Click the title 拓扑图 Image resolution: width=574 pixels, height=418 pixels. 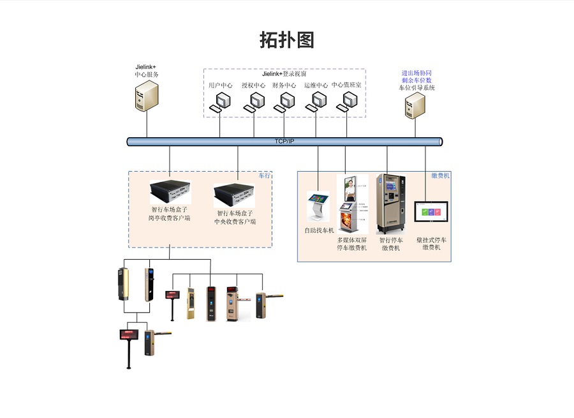[x=287, y=40]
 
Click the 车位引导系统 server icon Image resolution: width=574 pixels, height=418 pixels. [x=415, y=105]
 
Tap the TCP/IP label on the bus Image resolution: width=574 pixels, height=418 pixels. [x=284, y=141]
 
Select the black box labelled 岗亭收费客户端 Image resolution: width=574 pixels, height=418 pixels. [x=170, y=190]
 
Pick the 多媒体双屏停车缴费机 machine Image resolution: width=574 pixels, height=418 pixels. [x=351, y=204]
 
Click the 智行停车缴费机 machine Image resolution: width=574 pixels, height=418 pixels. [x=390, y=203]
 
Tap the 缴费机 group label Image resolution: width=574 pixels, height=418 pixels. [x=441, y=175]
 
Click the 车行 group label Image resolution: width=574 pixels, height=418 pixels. [x=264, y=175]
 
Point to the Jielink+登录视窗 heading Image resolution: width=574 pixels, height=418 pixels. [x=284, y=74]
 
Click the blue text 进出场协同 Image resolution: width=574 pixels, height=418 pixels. [x=416, y=73]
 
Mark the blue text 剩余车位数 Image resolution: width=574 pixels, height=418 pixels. [x=416, y=80]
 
